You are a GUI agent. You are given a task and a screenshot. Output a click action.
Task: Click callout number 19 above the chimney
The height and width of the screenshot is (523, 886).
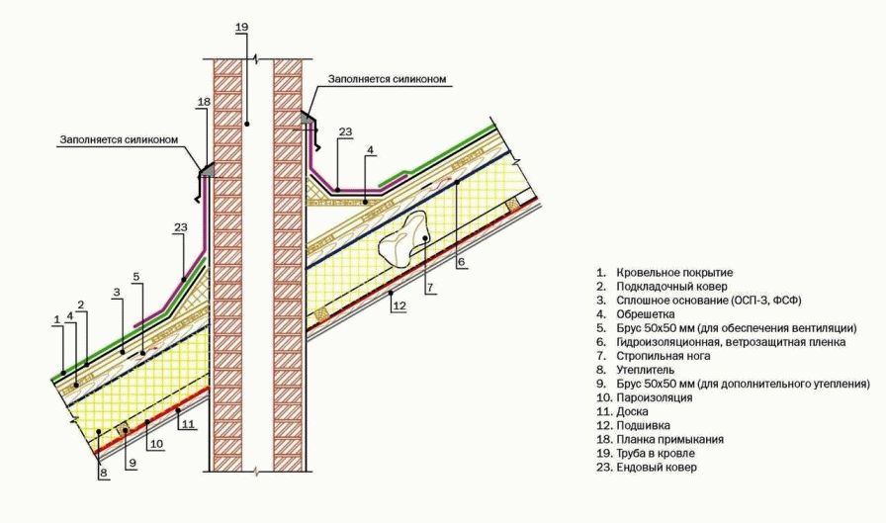pyautogui.click(x=241, y=27)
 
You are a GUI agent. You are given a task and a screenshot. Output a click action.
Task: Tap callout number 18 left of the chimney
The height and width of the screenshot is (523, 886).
pyautogui.click(x=204, y=102)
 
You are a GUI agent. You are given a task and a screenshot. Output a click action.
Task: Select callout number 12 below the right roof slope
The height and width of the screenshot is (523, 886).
pyautogui.click(x=399, y=306)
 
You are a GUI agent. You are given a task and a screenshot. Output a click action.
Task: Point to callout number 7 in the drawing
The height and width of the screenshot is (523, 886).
pyautogui.click(x=430, y=288)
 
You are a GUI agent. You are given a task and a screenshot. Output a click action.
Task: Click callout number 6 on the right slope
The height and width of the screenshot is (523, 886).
pyautogui.click(x=461, y=261)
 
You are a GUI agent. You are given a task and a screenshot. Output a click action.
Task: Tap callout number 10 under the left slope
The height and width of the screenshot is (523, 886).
pyautogui.click(x=156, y=444)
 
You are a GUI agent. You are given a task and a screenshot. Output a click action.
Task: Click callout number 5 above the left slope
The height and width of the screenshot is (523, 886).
pyautogui.click(x=136, y=277)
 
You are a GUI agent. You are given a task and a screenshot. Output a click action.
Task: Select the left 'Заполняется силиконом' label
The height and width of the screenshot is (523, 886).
pyautogui.click(x=120, y=139)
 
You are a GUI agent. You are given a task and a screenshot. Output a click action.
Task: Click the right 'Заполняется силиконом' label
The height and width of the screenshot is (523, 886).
pyautogui.click(x=387, y=79)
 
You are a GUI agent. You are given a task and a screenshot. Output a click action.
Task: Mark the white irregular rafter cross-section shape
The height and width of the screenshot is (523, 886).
pyautogui.click(x=404, y=239)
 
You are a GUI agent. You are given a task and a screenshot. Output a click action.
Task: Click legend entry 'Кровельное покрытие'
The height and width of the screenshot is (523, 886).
pyautogui.click(x=674, y=273)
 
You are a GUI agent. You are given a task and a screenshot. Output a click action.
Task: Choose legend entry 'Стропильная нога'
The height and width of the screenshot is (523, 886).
pyautogui.click(x=664, y=356)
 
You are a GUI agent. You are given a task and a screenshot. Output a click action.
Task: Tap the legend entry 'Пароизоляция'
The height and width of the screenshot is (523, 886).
pyautogui.click(x=655, y=397)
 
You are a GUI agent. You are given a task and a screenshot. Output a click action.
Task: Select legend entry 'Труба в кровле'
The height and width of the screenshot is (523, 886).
pyautogui.click(x=656, y=453)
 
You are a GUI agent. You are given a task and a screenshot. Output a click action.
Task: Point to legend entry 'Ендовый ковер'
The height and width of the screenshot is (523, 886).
pyautogui.click(x=657, y=467)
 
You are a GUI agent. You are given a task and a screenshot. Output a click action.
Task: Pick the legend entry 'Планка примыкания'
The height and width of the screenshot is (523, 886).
pyautogui.click(x=670, y=439)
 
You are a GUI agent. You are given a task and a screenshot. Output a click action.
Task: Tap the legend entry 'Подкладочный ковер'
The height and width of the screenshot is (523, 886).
pyautogui.click(x=671, y=287)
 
